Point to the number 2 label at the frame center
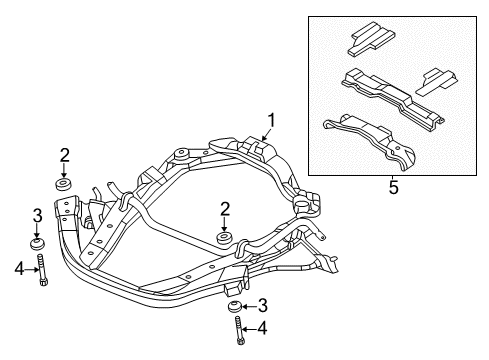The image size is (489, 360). tap(224, 208)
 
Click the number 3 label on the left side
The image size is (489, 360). tap(37, 216)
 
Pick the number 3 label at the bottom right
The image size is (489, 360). tap(262, 305)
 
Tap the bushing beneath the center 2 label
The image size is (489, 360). tap(223, 241)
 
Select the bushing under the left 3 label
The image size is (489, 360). tap(38, 246)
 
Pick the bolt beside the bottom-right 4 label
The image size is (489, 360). tap(239, 332)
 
